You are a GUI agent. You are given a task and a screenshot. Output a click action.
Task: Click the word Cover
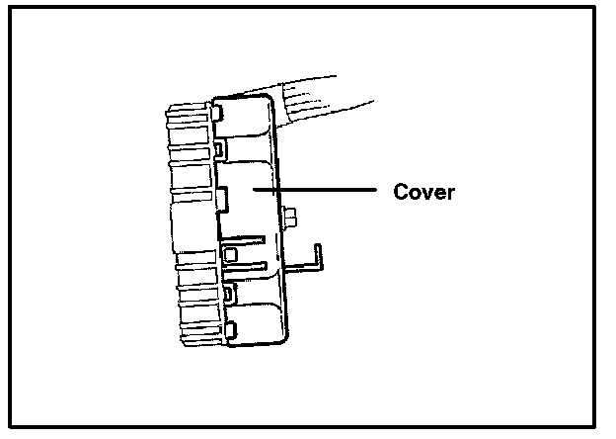(423, 192)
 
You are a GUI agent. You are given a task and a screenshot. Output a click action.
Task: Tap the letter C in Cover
(401, 192)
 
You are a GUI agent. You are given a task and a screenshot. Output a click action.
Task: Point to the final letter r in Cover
(450, 193)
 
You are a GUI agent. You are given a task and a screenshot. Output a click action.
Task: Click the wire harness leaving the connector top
(326, 99)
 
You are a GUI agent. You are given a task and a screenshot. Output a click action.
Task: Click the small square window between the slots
(230, 254)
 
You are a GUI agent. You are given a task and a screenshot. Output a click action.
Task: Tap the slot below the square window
(247, 266)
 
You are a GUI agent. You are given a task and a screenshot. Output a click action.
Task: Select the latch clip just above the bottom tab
(229, 294)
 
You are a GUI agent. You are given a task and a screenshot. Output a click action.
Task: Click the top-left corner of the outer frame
(9, 11)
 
